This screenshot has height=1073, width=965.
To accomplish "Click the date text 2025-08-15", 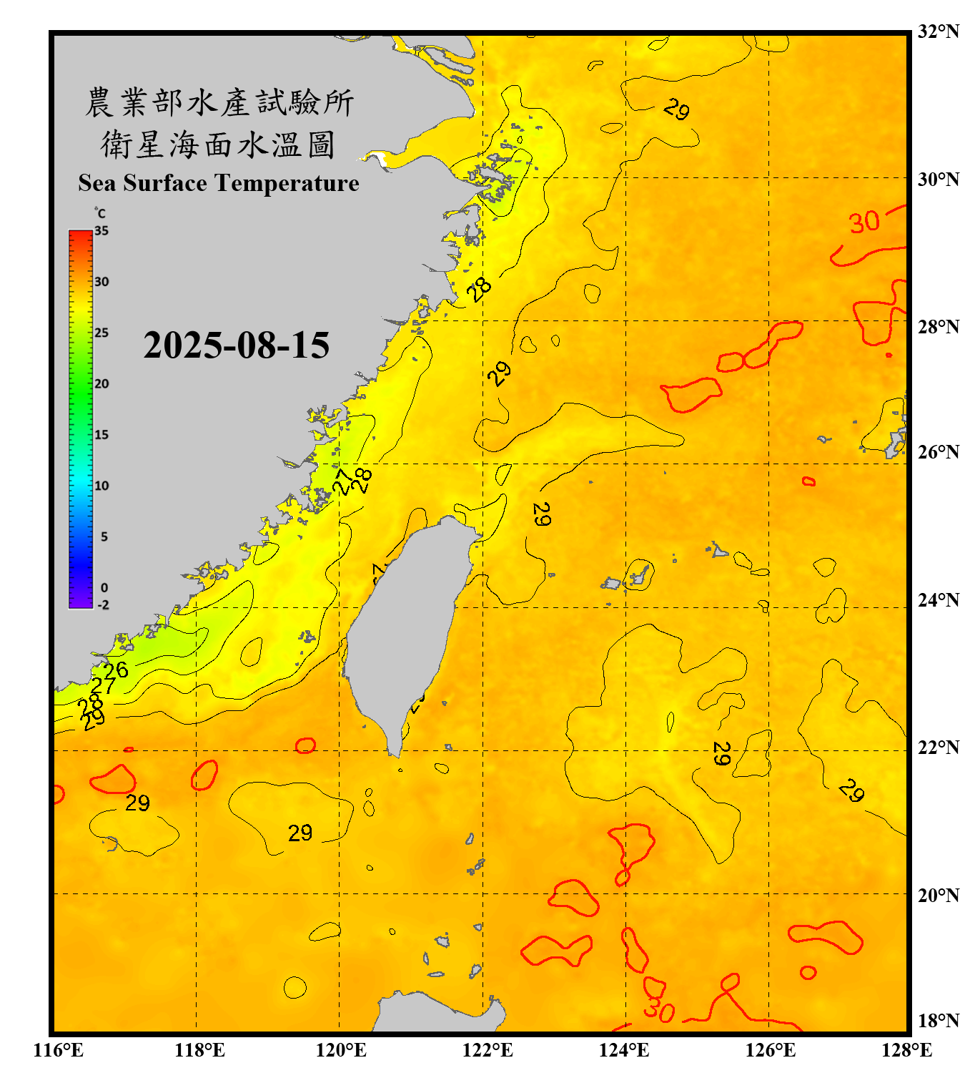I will [x=236, y=346].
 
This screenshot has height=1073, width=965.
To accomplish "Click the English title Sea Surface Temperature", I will [x=218, y=183].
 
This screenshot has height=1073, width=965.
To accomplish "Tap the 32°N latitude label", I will [x=938, y=31].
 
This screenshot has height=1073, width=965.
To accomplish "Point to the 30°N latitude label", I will [x=938, y=179].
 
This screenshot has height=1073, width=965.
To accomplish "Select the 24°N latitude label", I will [x=938, y=599].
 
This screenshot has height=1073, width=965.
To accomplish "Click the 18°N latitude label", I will [x=938, y=1020].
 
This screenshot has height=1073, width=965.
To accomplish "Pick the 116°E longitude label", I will [x=59, y=1050].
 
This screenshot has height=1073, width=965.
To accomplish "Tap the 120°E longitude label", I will [x=341, y=1050].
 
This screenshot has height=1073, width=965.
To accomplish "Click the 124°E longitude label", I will [x=624, y=1050].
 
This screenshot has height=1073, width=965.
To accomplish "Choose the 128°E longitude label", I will [x=906, y=1050].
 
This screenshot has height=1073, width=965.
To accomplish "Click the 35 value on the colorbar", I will [x=102, y=231].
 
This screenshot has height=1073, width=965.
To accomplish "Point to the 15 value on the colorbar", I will [x=102, y=435].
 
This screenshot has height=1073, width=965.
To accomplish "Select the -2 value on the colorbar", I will [x=103, y=605].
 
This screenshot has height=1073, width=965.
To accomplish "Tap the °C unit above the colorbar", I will [x=100, y=213].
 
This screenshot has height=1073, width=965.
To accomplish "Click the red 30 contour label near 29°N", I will [x=864, y=222].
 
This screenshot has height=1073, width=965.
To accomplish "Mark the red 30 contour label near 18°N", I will [x=658, y=1010].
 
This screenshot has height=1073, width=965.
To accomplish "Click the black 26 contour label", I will [x=116, y=670].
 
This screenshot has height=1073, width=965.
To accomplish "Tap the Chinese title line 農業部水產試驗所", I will [x=219, y=102].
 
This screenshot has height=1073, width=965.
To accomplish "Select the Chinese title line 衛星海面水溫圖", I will [x=218, y=144].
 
